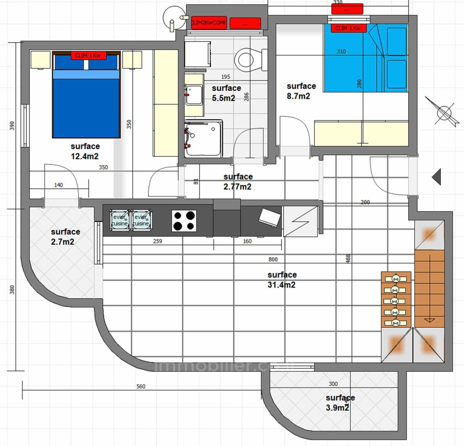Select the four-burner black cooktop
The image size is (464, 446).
[x=184, y=221]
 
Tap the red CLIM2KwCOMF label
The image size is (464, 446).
[x=208, y=23]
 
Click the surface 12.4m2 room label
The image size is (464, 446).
[x=85, y=151]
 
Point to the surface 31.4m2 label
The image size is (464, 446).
[x=282, y=280]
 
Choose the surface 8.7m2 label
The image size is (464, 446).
[x=301, y=91]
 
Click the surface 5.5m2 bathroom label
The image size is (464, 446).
[x=226, y=93]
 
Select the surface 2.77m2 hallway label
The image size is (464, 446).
[x=238, y=182]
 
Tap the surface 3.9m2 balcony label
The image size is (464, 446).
[x=340, y=403]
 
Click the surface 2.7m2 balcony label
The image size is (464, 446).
[x=65, y=236]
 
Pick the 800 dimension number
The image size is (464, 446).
[x=273, y=259]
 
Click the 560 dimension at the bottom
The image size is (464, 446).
[x=141, y=387]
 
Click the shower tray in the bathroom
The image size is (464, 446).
[x=203, y=138]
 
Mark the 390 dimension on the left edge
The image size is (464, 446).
[x=12, y=125]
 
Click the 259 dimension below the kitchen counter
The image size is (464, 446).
[x=158, y=241]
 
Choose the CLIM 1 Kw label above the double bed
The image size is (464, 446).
[x=88, y=56]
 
